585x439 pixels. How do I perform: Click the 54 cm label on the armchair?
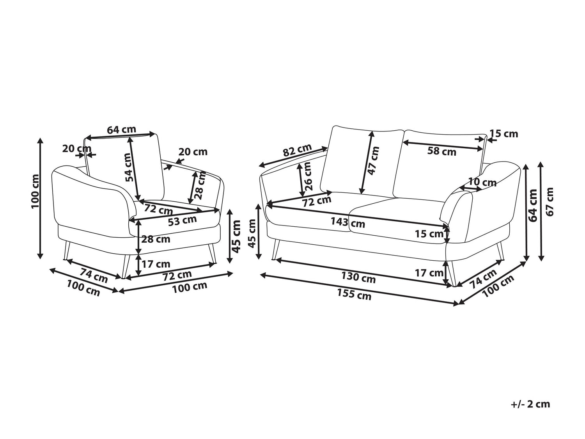129,167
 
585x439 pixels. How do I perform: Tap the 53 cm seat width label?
182,220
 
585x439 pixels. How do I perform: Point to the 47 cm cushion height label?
374,161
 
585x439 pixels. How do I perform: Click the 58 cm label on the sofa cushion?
441,151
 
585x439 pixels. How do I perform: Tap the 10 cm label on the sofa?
482,182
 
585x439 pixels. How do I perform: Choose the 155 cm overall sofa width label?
354,295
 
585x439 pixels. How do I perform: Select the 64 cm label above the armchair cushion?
122,130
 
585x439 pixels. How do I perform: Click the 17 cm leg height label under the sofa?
429,273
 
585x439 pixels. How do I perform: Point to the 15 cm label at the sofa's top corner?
504,133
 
